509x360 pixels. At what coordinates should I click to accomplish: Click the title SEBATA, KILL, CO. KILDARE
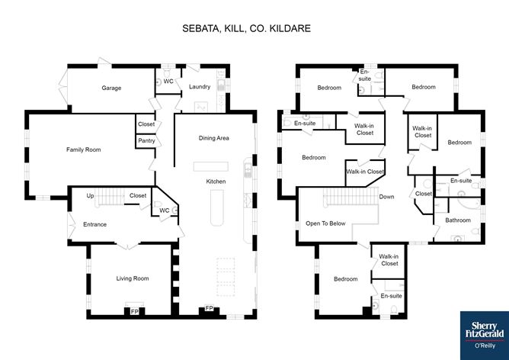246,28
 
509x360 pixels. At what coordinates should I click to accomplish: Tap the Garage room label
111,88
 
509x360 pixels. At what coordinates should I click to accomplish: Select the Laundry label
200,87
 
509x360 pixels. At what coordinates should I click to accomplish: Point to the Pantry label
146,140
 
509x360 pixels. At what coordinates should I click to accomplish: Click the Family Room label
83,149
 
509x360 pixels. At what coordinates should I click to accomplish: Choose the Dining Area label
214,138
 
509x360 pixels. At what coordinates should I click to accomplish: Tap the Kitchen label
216,182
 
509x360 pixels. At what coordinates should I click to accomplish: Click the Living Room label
133,278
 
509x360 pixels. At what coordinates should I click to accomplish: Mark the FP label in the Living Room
134,312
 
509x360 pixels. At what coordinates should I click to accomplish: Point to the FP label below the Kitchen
209,308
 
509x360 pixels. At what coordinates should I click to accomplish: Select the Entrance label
94,224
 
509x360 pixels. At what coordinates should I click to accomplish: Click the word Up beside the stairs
90,196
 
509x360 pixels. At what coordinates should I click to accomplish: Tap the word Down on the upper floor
386,197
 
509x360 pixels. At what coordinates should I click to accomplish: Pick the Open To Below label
325,223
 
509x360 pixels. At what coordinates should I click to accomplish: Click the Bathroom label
458,220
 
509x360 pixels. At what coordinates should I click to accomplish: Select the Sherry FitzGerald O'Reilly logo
485,336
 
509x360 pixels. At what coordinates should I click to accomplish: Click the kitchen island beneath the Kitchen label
217,207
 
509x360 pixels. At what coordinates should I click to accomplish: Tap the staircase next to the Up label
110,196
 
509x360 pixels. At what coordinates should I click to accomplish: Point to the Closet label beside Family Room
146,124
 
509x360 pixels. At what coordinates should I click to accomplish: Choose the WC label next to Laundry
168,82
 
